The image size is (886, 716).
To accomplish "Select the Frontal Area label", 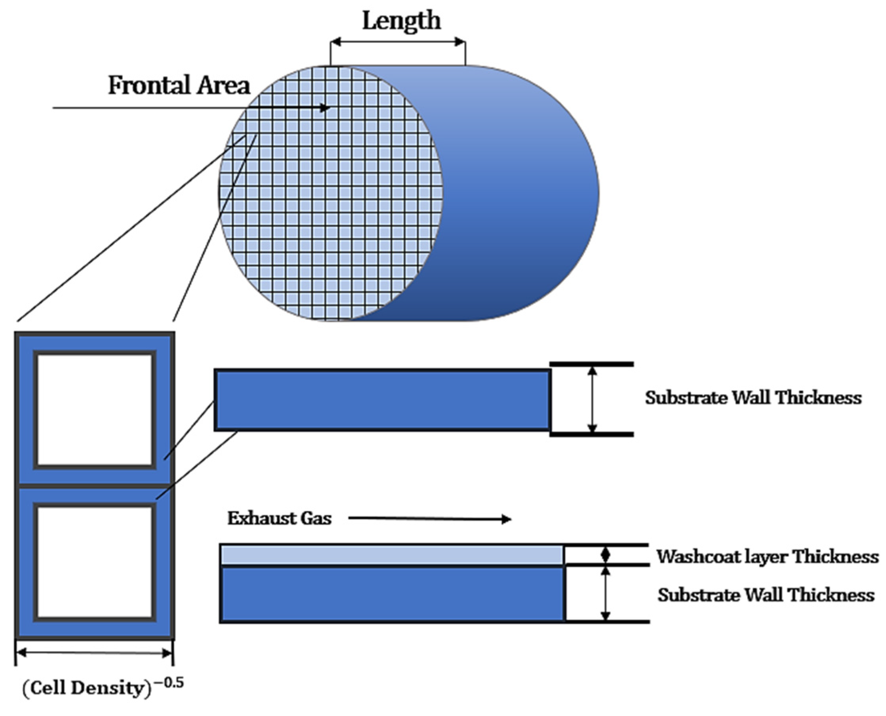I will coord(179,86).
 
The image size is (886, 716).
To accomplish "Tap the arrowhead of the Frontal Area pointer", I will coord(326,108).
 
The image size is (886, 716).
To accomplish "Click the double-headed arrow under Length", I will coord(398,42).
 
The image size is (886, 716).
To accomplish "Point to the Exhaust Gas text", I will coord(279,518).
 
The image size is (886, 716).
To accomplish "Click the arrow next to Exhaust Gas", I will coord(429,519).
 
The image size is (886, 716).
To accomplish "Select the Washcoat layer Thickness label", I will coord(767,556).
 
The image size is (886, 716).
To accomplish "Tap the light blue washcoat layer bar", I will coord(392,555).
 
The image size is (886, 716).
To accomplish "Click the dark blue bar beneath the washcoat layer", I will coord(392,594).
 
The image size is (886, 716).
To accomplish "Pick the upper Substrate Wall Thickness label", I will coord(753,398).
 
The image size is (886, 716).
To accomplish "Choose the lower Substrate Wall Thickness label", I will coord(766,595).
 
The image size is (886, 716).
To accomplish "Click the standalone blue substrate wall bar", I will coord(382,400).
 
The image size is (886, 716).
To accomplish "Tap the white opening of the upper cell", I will coord(94,409).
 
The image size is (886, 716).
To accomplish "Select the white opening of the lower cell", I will coord(94,562).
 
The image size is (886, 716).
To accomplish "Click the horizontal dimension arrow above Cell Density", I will coord(94,653).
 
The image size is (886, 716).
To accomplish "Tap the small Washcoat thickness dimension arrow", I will coord(605,555).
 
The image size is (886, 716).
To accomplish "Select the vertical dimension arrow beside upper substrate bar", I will coord(592,399).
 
